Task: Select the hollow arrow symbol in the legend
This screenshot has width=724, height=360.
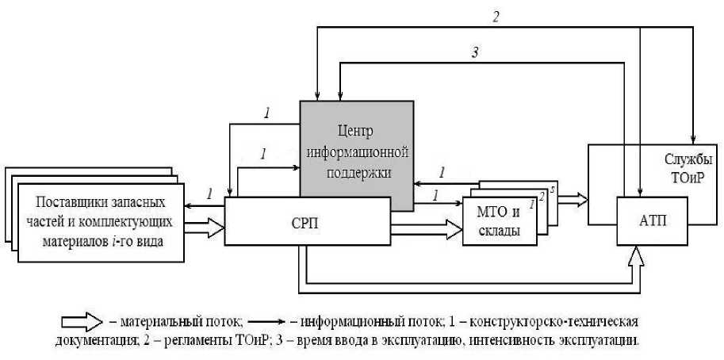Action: [x=82, y=323]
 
